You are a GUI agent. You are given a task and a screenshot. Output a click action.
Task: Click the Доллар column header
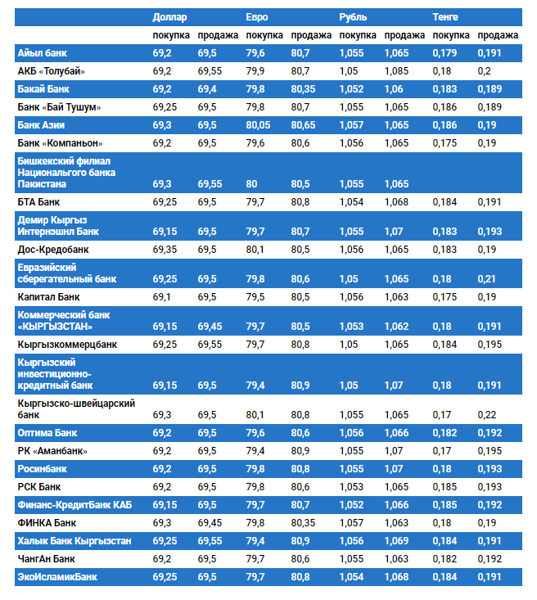tap(169, 16)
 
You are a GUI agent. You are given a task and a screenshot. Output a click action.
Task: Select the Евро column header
tap(257, 16)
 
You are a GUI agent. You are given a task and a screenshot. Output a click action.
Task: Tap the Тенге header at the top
tap(445, 16)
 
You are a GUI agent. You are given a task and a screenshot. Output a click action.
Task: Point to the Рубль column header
tap(353, 16)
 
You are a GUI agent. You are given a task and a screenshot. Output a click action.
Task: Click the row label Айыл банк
tap(43, 53)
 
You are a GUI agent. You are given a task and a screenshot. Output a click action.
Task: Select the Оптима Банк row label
tap(47, 433)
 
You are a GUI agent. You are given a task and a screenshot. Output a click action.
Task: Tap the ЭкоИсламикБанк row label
tap(57, 577)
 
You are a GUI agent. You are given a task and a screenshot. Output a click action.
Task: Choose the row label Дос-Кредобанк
tap(53, 249)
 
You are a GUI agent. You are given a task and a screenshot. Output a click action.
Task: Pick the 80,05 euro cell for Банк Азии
tap(258, 125)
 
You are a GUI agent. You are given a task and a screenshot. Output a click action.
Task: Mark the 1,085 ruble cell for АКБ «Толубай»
tap(396, 71)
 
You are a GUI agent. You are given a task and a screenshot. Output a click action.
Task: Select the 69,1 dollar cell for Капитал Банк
tap(162, 296)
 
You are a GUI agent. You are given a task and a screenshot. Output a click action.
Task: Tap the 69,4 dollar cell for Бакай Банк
tap(207, 89)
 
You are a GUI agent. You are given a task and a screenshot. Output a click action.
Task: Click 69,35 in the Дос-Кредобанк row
tap(165, 249)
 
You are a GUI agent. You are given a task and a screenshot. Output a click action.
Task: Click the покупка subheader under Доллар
tap(171, 35)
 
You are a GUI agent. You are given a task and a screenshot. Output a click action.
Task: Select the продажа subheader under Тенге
tap(498, 35)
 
